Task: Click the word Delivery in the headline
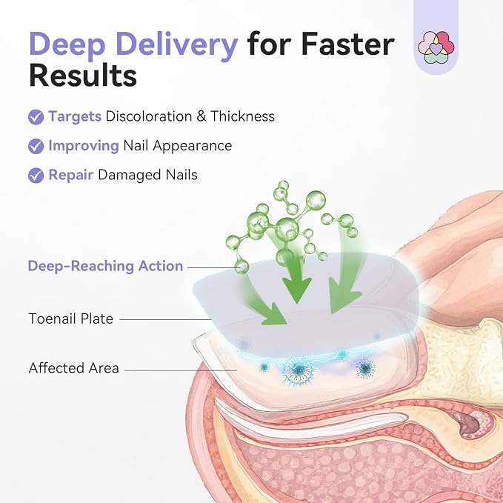[x=178, y=44]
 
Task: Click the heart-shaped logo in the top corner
[x=436, y=47]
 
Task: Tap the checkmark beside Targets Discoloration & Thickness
[x=36, y=117]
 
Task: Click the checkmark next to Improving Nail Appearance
[x=36, y=146]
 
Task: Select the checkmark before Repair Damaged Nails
[x=36, y=176]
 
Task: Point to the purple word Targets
[x=75, y=117]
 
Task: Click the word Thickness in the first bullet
[x=242, y=116]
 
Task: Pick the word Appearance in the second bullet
[x=192, y=146]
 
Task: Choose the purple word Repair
[x=71, y=176]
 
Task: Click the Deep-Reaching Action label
[x=105, y=266]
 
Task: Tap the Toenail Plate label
[x=71, y=319]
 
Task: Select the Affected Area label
[x=74, y=368]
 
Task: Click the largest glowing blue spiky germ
[x=299, y=370]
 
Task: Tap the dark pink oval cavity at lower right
[x=467, y=423]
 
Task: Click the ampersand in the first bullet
[x=201, y=116]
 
